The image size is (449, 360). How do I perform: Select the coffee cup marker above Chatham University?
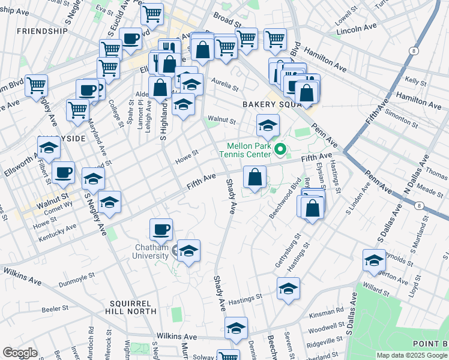click(x=161, y=230)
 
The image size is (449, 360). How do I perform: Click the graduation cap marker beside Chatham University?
click(x=188, y=251)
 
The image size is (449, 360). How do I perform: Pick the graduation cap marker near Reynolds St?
click(x=374, y=262)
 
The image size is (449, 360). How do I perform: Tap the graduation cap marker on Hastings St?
click(x=288, y=289)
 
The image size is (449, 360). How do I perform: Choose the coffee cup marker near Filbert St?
click(x=63, y=174)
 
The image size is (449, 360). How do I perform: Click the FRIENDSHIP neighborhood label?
click(x=42, y=31)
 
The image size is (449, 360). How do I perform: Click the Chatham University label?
click(x=151, y=251)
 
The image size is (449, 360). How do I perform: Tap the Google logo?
click(x=20, y=353)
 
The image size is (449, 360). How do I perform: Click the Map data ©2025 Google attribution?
click(x=412, y=355)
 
